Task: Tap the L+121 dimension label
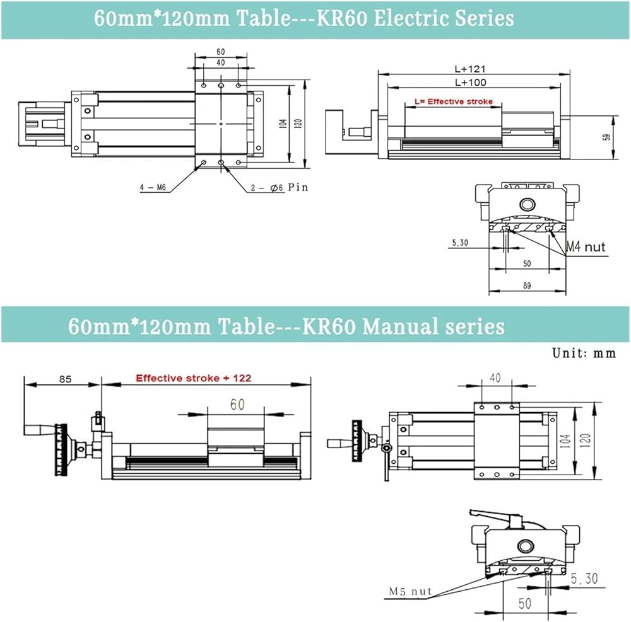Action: (469, 69)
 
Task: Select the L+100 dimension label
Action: (469, 83)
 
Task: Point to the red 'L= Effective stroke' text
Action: (453, 101)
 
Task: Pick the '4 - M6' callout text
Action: (153, 187)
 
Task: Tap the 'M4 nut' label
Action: (585, 246)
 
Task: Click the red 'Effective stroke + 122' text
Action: (194, 378)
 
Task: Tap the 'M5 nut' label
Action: (410, 591)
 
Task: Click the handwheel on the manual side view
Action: (61, 449)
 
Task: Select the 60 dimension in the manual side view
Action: (237, 405)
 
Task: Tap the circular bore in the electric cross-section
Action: (527, 204)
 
